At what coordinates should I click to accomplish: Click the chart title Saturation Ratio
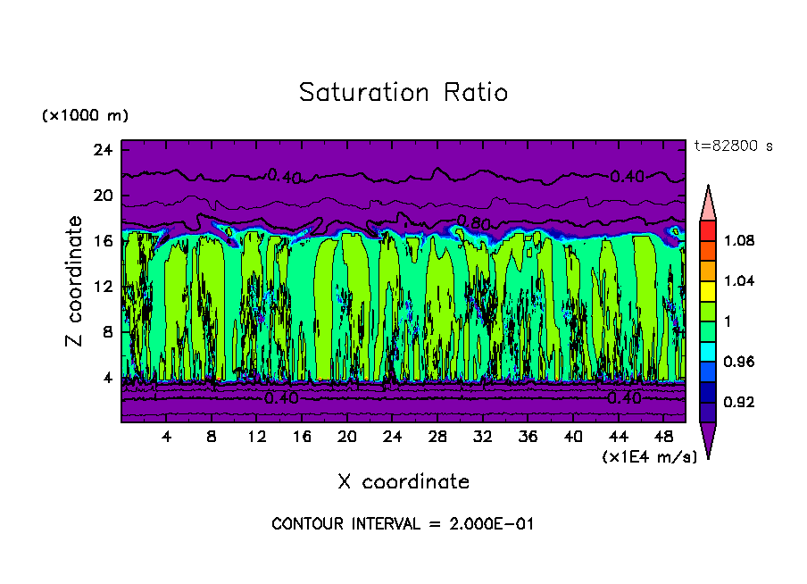pos(403,93)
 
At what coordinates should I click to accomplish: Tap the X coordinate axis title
pos(403,482)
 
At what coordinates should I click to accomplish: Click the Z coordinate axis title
pos(76,281)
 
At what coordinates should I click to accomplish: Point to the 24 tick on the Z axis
pos(104,150)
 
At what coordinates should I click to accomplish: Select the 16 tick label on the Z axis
pos(104,241)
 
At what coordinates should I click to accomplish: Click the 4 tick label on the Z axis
pos(109,378)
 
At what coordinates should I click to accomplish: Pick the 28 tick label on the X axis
pos(437,438)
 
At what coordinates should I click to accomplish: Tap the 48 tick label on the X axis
pos(663,438)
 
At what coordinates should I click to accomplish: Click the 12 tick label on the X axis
pos(256,438)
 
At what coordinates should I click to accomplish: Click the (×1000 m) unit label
pos(86,116)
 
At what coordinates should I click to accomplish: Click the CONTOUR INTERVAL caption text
pos(403,524)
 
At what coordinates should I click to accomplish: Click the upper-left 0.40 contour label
pos(284,177)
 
